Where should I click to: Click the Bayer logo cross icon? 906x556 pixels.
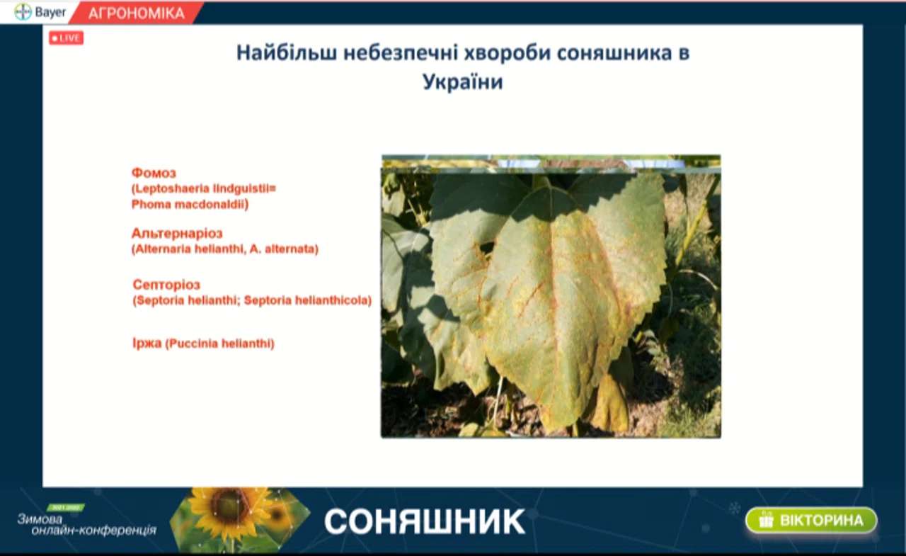pyautogui.click(x=23, y=12)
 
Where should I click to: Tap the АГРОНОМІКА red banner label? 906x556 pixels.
pyautogui.click(x=137, y=13)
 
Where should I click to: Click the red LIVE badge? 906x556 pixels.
pyautogui.click(x=67, y=38)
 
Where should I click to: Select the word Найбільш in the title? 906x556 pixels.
pyautogui.click(x=287, y=53)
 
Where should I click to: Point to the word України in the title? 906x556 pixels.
pyautogui.click(x=463, y=81)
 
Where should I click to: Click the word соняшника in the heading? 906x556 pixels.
pyautogui.click(x=614, y=53)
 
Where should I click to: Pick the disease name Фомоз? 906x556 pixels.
pyautogui.click(x=154, y=174)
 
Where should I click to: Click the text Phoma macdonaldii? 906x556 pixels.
pyautogui.click(x=188, y=205)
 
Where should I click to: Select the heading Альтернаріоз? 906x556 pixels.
pyautogui.click(x=177, y=234)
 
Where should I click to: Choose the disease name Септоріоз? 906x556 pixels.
pyautogui.click(x=166, y=285)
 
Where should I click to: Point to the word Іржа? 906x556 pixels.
pyautogui.click(x=147, y=343)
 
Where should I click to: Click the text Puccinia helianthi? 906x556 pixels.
pyautogui.click(x=219, y=344)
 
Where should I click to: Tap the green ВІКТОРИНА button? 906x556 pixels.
pyautogui.click(x=811, y=520)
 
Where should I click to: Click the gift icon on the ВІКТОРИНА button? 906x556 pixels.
pyautogui.click(x=766, y=520)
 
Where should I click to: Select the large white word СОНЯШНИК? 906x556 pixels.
pyautogui.click(x=424, y=521)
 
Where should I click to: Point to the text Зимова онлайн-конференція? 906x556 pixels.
pyautogui.click(x=86, y=525)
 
